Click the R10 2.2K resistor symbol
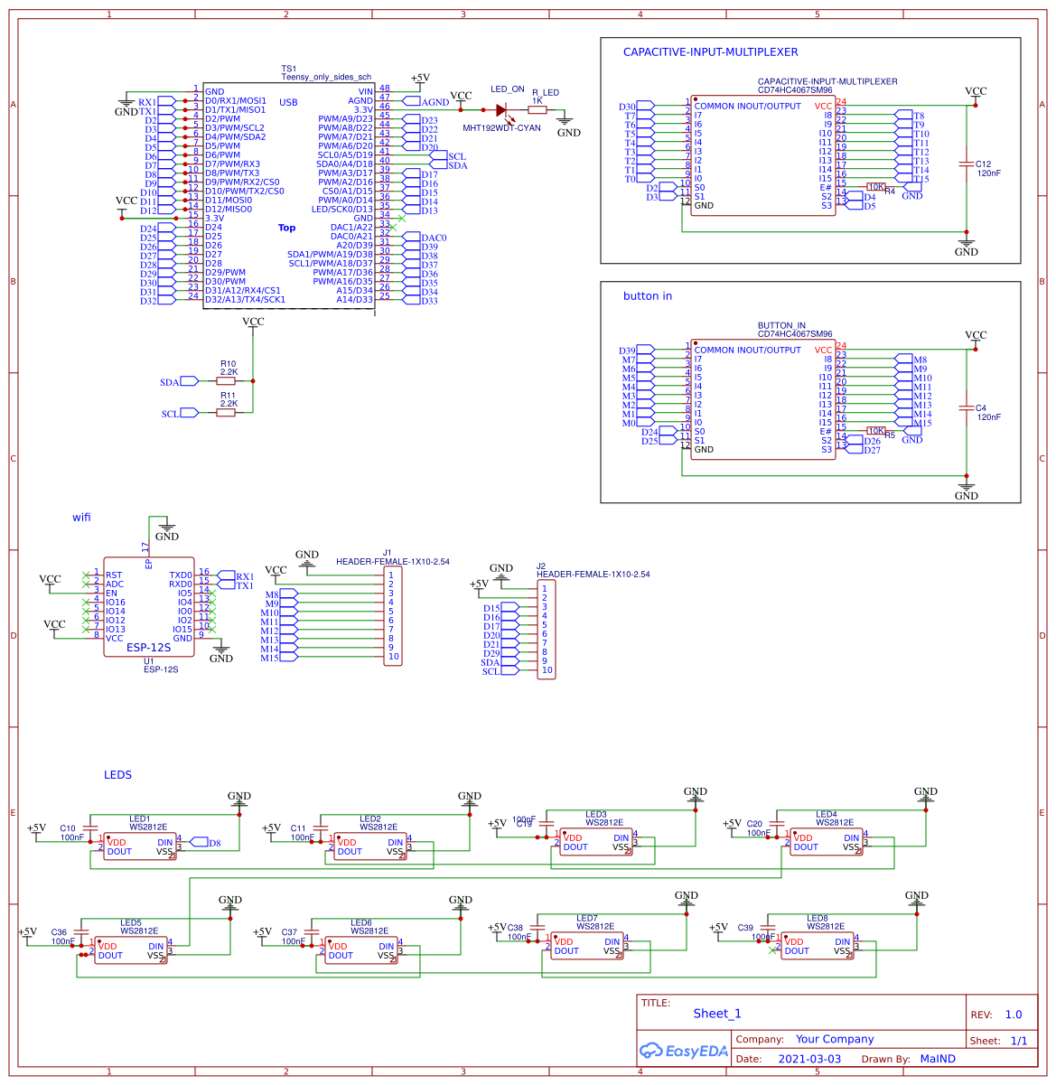pyautogui.click(x=226, y=381)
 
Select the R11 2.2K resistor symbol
pyautogui.click(x=226, y=413)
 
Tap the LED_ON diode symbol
pyautogui.click(x=502, y=109)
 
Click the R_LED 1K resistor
pyautogui.click(x=537, y=109)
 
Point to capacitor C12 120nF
pyautogui.click(x=967, y=164)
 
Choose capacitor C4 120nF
pyautogui.click(x=967, y=408)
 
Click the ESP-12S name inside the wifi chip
pyautogui.click(x=148, y=647)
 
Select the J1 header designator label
pyautogui.click(x=387, y=552)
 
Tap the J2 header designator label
pyautogui.click(x=541, y=566)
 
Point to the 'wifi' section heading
pyautogui.click(x=81, y=518)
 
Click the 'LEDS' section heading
pyautogui.click(x=117, y=774)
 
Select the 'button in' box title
pyautogui.click(x=647, y=296)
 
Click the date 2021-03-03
pyautogui.click(x=808, y=1059)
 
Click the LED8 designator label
pyautogui.click(x=817, y=919)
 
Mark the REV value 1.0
pyautogui.click(x=1013, y=1015)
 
